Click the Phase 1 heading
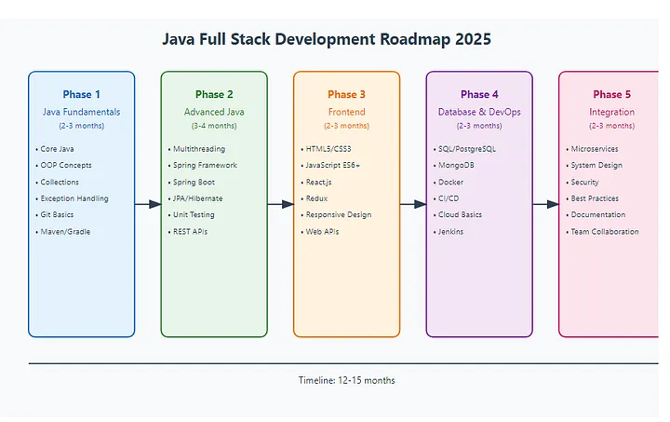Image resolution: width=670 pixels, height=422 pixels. pyautogui.click(x=81, y=94)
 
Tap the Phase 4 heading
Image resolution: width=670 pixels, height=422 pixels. pyautogui.click(x=479, y=94)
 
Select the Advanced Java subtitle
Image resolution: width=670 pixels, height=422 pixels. pyautogui.click(x=214, y=112)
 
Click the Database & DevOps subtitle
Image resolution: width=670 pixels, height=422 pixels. pyautogui.click(x=479, y=112)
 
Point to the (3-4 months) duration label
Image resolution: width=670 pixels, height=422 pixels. pyautogui.click(x=214, y=126)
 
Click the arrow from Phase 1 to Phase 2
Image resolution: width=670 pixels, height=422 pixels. pyautogui.click(x=148, y=204)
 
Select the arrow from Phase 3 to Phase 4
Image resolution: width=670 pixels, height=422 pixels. pyautogui.click(x=413, y=204)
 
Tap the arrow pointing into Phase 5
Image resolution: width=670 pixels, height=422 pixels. pyautogui.click(x=545, y=204)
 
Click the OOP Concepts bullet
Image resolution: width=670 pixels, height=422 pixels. pyautogui.click(x=66, y=165)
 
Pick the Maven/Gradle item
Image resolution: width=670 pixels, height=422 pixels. pyautogui.click(x=65, y=232)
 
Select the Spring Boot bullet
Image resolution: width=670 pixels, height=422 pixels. pyautogui.click(x=194, y=183)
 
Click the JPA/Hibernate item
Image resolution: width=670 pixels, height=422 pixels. pyautogui.click(x=197, y=198)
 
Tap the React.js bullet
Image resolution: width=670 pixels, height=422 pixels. pyautogui.click(x=318, y=183)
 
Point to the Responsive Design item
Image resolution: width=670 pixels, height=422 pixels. pyautogui.click(x=339, y=214)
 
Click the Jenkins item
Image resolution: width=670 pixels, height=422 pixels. pyautogui.click(x=450, y=232)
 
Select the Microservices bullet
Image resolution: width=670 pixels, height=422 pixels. pyautogui.click(x=595, y=149)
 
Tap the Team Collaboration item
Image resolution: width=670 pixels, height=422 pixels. pyautogui.click(x=605, y=232)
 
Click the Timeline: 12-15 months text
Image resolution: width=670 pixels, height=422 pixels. pyautogui.click(x=346, y=380)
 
